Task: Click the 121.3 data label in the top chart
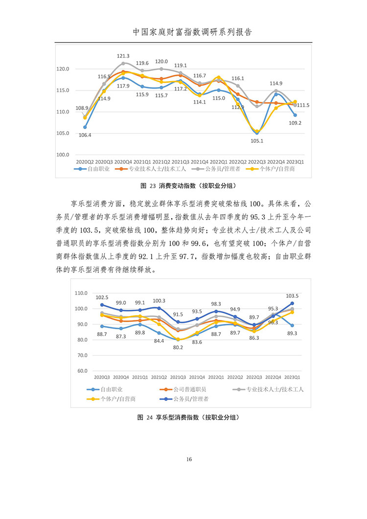[123, 56]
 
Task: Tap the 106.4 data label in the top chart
[85, 135]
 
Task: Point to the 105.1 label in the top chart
[257, 141]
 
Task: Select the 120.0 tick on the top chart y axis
[63, 69]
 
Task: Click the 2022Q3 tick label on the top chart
[257, 162]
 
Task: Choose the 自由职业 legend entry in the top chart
[92, 169]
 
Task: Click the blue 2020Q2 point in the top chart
[85, 127]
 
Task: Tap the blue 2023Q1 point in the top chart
[295, 115]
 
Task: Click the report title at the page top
[192, 32]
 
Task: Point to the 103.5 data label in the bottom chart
[292, 296]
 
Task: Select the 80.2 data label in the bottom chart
[178, 347]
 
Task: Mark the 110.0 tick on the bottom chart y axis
[81, 293]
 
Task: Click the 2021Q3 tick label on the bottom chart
[178, 377]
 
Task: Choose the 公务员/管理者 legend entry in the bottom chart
[184, 399]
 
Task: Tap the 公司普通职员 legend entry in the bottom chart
[183, 389]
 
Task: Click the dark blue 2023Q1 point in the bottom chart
[292, 303]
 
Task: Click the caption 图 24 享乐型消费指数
[188, 417]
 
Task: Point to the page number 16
[189, 459]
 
